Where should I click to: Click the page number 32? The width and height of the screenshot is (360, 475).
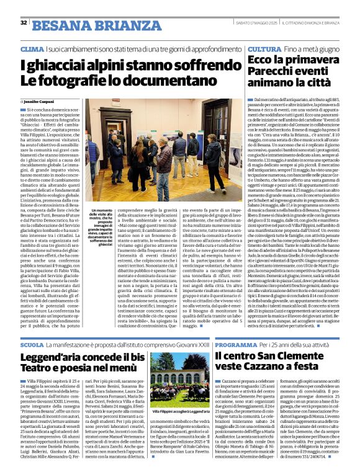24,23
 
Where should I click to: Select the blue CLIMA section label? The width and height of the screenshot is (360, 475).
32,48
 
